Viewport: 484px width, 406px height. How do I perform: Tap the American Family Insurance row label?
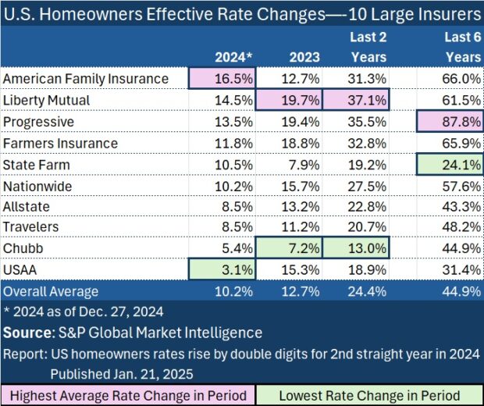(x=86, y=79)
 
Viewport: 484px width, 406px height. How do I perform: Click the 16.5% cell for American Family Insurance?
(x=222, y=79)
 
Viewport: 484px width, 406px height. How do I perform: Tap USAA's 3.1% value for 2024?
(x=222, y=271)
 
